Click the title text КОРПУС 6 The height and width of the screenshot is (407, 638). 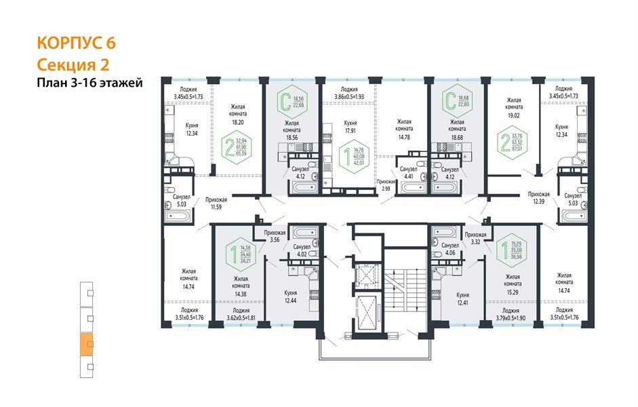[x=75, y=43]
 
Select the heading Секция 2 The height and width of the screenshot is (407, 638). [x=73, y=64]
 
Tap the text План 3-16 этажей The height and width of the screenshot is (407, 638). [x=88, y=83]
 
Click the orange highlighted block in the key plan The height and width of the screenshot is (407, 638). [x=87, y=344]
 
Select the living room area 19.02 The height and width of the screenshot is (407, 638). [x=514, y=115]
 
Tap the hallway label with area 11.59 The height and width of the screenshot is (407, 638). [x=217, y=206]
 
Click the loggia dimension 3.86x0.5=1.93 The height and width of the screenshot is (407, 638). [x=350, y=97]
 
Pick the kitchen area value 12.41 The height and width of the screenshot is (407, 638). [x=463, y=303]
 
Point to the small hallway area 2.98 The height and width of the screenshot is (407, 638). [x=386, y=189]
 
